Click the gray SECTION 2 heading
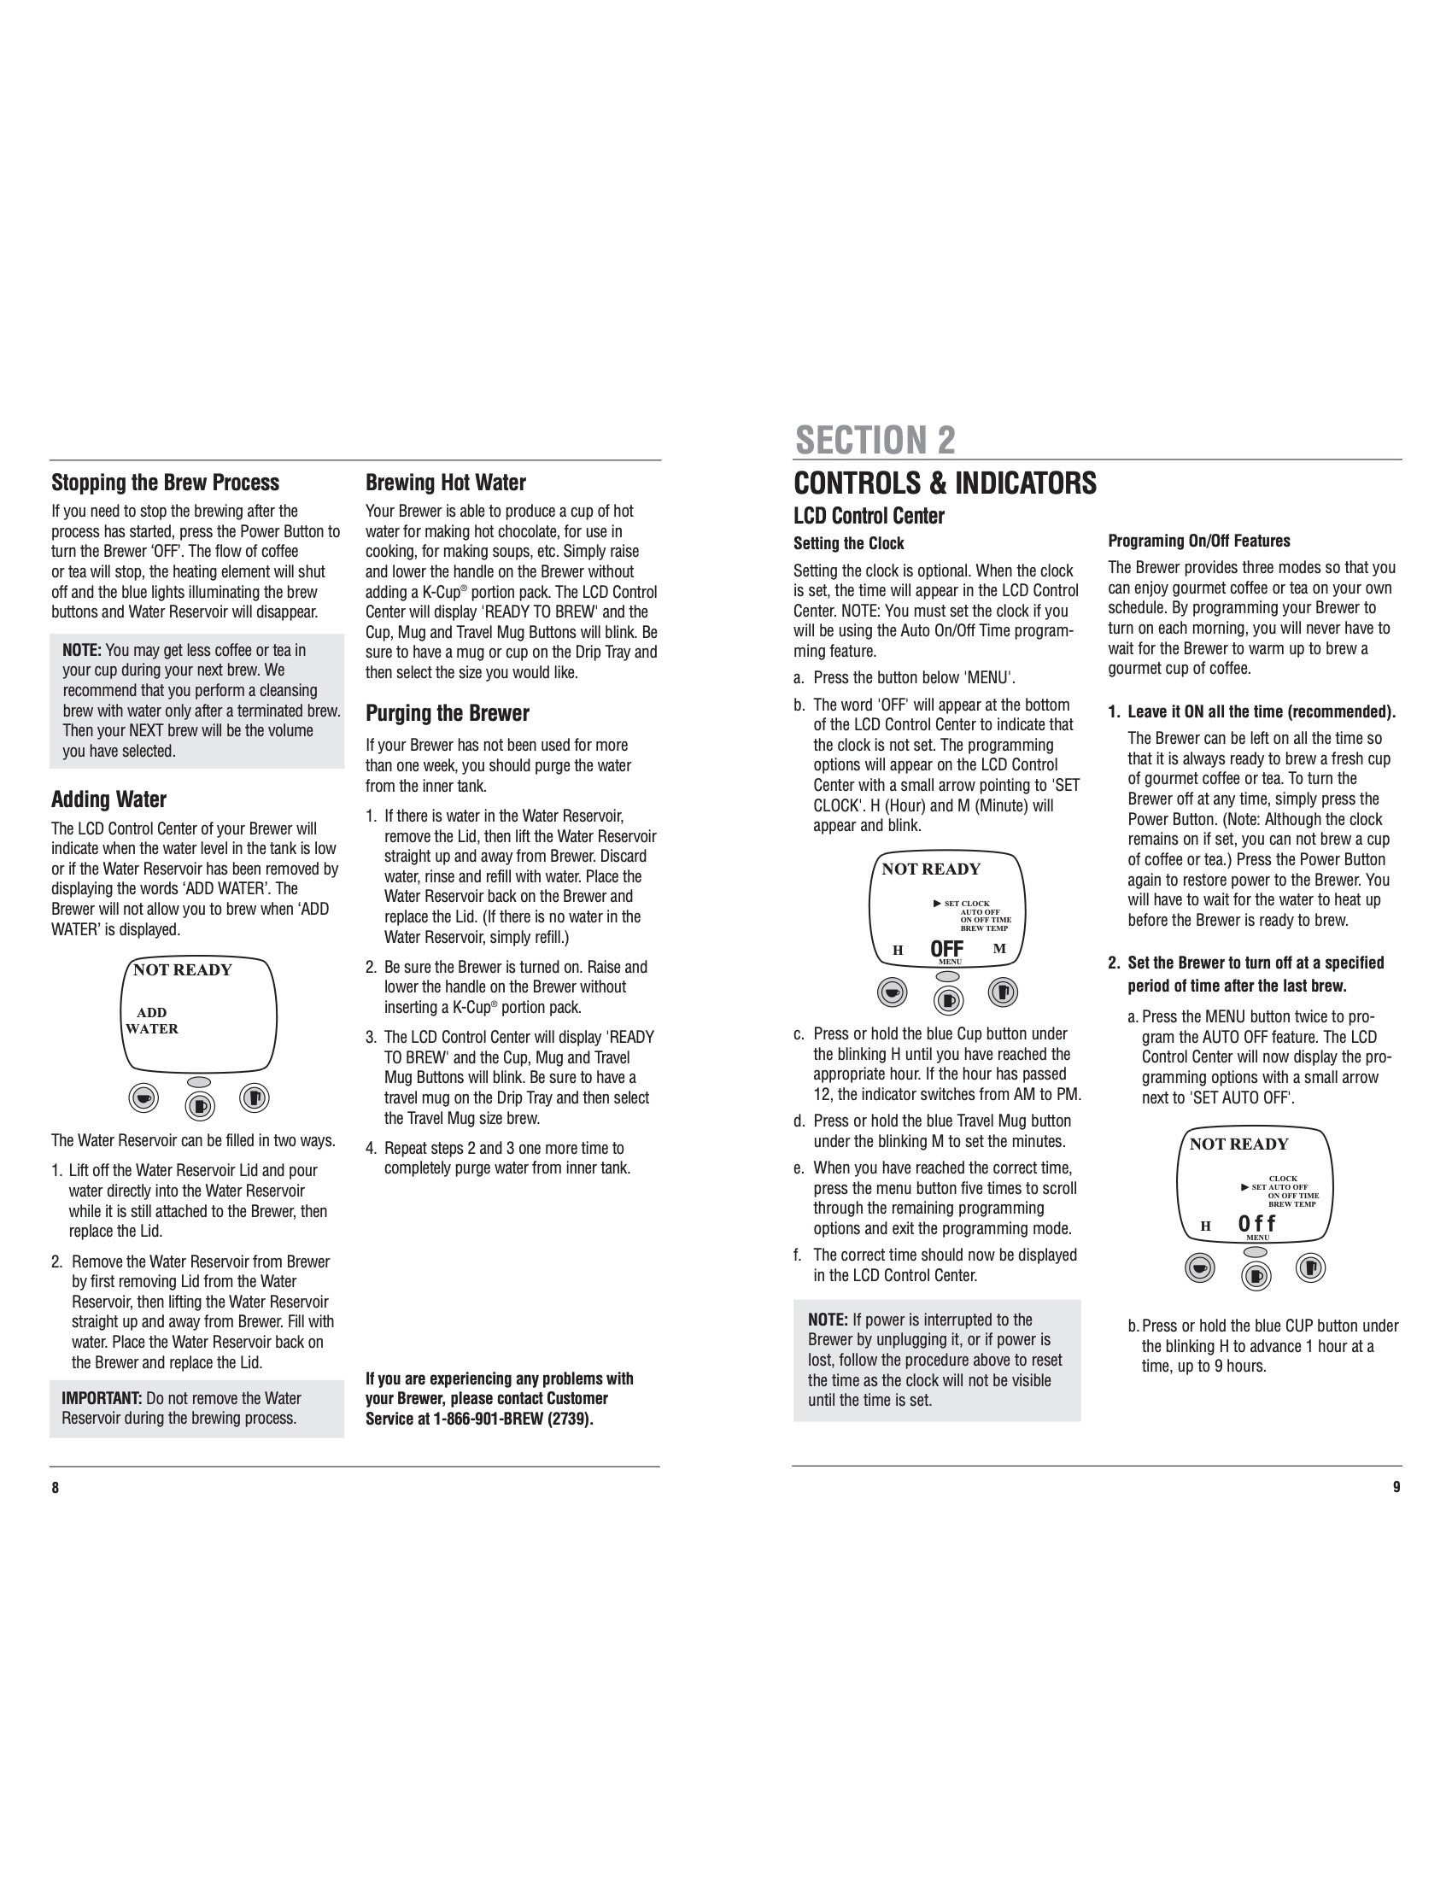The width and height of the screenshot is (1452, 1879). tap(875, 441)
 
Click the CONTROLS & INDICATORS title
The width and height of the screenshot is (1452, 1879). tap(945, 483)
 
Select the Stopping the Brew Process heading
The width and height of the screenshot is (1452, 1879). tap(165, 483)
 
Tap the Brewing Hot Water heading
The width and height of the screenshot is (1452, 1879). tap(446, 483)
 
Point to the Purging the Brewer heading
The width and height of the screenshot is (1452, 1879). tap(448, 713)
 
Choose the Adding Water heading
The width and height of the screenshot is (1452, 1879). tap(108, 799)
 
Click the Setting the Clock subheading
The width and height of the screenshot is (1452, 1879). tap(848, 544)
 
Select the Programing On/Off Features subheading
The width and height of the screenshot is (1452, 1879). tap(1199, 541)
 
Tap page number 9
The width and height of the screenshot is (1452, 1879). tap(1396, 1488)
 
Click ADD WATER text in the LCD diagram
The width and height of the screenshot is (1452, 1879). tap(152, 1021)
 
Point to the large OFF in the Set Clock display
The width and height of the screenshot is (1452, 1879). tap(946, 949)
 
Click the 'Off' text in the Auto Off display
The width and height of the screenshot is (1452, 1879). tap(1256, 1224)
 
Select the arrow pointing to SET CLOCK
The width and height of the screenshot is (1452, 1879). tap(937, 904)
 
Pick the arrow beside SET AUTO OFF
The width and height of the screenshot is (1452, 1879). tap(1244, 1187)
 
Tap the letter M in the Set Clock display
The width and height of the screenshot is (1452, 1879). tap(998, 949)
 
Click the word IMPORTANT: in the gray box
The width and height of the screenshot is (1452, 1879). tap(102, 1398)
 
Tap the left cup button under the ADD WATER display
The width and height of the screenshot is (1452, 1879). tap(143, 1098)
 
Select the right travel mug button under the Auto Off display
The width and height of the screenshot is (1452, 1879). tap(1310, 1267)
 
